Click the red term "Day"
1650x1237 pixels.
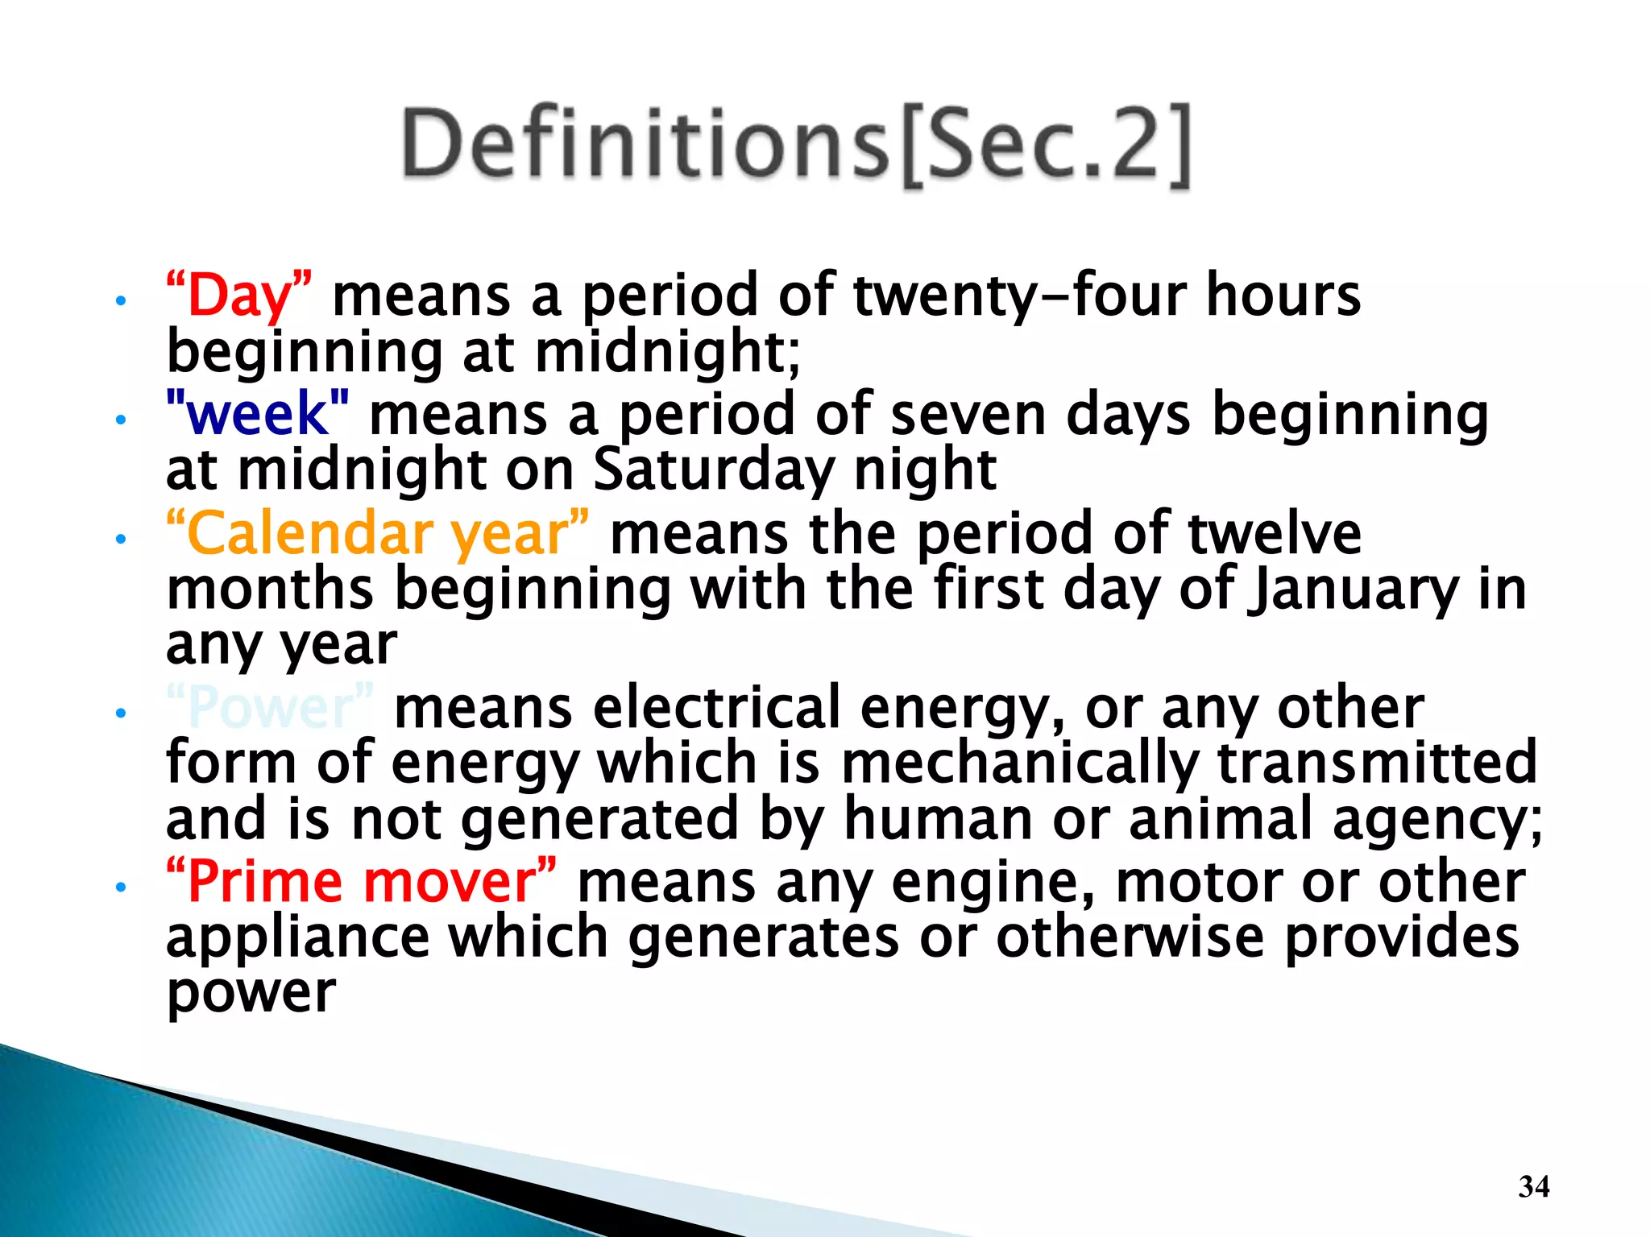point(239,296)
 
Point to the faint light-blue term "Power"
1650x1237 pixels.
point(270,708)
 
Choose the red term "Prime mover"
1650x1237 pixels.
point(361,882)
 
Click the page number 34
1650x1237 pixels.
point(1533,1186)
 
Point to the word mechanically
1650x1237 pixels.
point(1020,763)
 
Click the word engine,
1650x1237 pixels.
point(993,882)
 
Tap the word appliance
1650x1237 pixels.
point(298,938)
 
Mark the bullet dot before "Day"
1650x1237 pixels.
point(121,302)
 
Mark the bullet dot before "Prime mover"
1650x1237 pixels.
point(121,888)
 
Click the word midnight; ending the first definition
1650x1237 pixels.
point(668,352)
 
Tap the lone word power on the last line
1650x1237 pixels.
point(251,993)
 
